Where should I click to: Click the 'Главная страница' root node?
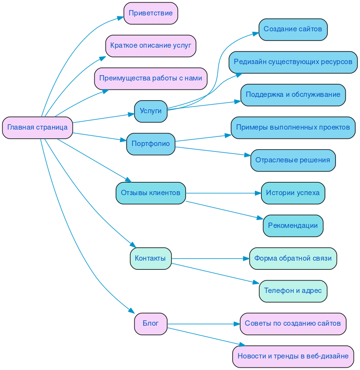point(38,128)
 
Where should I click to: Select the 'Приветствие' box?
point(150,13)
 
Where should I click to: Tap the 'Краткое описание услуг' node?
point(150,46)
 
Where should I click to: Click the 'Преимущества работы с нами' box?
point(150,79)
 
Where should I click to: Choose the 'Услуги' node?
point(150,111)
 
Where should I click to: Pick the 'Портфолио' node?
point(150,144)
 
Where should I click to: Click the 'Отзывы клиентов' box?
point(150,193)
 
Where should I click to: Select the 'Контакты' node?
point(150,258)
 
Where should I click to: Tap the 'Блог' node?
point(150,323)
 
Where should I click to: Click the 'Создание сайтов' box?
point(293,29)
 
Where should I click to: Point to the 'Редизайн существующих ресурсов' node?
point(293,62)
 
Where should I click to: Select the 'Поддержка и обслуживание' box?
point(293,95)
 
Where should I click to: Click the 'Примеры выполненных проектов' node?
point(293,128)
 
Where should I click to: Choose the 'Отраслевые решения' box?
point(293,160)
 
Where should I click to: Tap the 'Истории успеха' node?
point(293,193)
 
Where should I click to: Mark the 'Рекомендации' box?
point(293,225)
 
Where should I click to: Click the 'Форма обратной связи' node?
point(293,258)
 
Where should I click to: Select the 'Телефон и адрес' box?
point(293,291)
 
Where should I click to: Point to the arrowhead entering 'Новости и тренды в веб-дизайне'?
point(243,345)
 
